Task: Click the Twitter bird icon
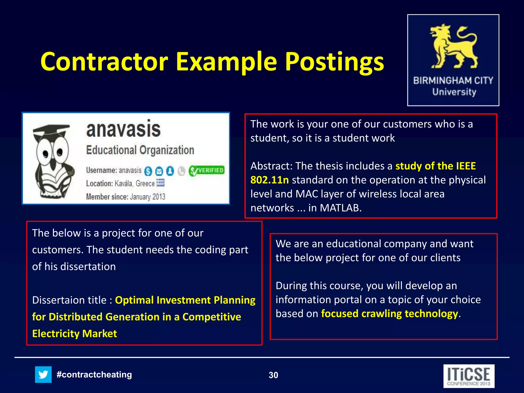[43, 375]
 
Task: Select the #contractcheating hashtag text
[94, 375]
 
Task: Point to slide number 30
[273, 375]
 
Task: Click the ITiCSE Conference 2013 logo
[469, 376]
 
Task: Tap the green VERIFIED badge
[207, 171]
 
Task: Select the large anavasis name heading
[123, 129]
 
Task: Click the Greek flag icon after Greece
[160, 183]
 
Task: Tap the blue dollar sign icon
[148, 171]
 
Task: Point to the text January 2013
[147, 197]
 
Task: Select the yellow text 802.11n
[269, 180]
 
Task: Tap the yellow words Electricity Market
[74, 334]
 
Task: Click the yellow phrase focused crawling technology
[389, 314]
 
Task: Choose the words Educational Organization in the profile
[140, 150]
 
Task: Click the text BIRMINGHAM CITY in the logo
[453, 81]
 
